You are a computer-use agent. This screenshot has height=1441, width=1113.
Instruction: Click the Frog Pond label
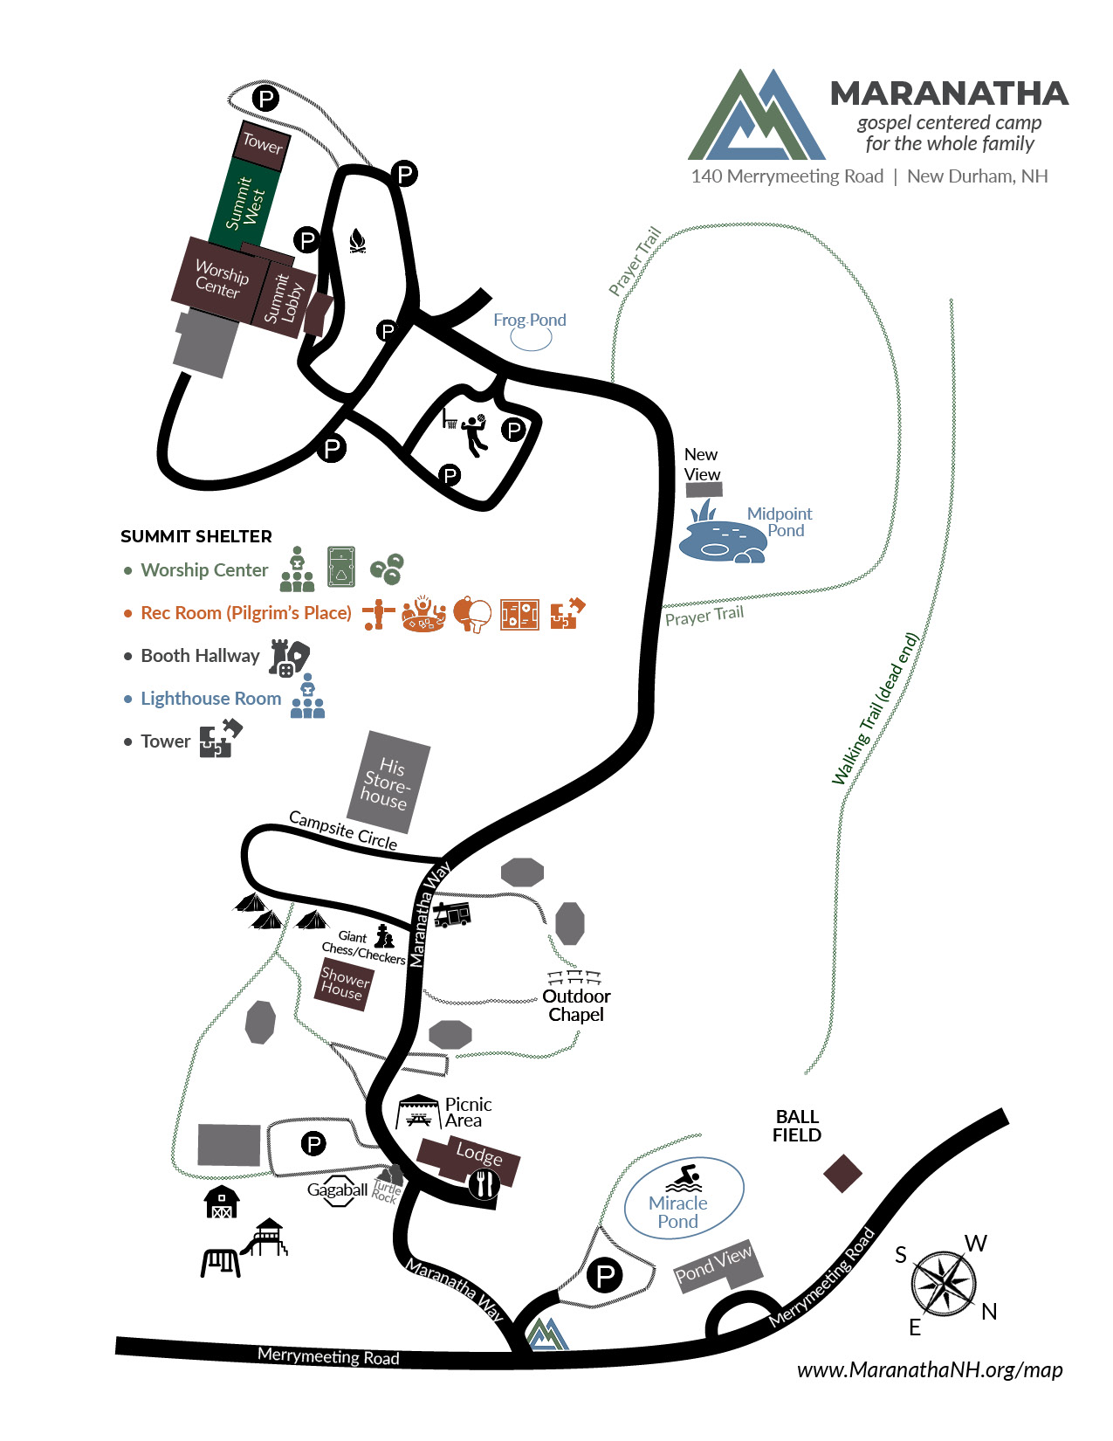point(529,320)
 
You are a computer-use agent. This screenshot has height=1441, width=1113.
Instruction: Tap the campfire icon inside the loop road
point(357,241)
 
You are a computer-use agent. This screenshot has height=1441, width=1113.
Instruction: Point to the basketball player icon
point(475,435)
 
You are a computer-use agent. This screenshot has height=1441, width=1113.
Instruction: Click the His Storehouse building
point(388,782)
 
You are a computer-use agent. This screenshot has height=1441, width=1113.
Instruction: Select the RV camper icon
point(451,914)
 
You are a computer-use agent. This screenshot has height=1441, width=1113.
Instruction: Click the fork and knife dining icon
point(484,1183)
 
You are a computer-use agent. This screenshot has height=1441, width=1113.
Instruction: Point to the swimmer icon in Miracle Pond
point(684,1178)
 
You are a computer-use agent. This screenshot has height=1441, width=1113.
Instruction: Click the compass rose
point(943,1283)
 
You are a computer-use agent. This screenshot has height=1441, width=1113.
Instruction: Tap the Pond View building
point(718,1265)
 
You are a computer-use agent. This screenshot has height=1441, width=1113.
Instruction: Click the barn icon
point(222,1203)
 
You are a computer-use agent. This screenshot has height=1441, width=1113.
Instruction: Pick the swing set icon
point(221,1262)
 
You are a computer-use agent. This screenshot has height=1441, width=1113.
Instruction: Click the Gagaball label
point(337,1189)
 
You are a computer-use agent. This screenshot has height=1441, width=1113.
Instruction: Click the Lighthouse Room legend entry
point(210,699)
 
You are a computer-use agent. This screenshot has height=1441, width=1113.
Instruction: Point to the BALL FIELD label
point(797,1126)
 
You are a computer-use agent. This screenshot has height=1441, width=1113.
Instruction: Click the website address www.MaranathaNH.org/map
point(930,1370)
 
